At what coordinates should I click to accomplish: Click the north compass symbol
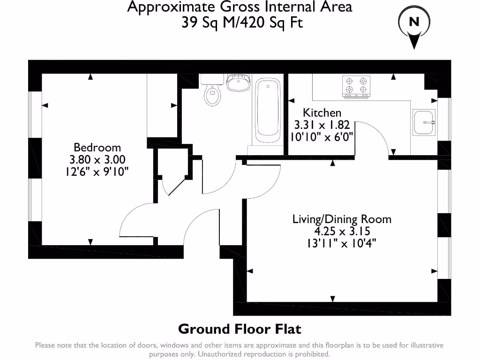[414, 27]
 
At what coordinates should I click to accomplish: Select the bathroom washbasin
[239, 82]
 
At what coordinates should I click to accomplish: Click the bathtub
[268, 111]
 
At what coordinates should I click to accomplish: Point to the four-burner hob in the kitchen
[356, 86]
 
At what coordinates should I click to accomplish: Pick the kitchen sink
[424, 122]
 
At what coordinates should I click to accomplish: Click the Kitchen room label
[322, 112]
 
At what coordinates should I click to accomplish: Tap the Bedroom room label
[97, 148]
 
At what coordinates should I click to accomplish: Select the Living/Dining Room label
[342, 219]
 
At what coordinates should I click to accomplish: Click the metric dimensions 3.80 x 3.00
[97, 159]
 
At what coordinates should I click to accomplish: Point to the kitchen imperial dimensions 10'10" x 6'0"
[322, 137]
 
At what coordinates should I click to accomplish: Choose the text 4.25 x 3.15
[342, 231]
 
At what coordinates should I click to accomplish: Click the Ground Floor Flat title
[240, 329]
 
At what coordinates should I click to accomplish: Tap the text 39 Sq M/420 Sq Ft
[242, 22]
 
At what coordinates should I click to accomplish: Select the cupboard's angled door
[177, 186]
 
